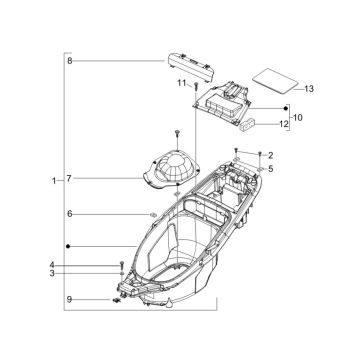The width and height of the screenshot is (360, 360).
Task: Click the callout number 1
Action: [x=54, y=181]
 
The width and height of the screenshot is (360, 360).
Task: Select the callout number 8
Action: [x=70, y=61]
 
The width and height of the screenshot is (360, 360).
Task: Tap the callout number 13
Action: [x=309, y=89]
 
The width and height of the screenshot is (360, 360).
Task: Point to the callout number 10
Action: [x=298, y=118]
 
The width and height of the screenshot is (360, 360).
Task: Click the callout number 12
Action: [x=284, y=124]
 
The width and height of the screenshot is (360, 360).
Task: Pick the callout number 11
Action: [x=182, y=83]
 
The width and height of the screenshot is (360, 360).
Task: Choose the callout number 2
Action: [x=271, y=155]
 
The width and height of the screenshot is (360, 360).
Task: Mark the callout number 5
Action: [x=271, y=169]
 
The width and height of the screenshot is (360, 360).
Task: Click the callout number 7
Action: [x=69, y=179]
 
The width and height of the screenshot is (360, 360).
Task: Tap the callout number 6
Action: [x=70, y=214]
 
